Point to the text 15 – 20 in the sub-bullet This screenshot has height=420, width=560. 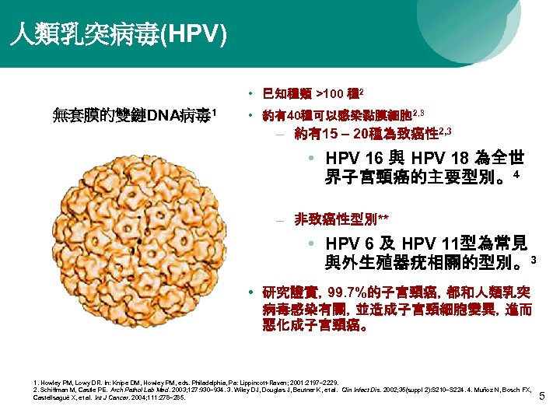point(342,134)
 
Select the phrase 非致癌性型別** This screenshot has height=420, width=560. point(341,219)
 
